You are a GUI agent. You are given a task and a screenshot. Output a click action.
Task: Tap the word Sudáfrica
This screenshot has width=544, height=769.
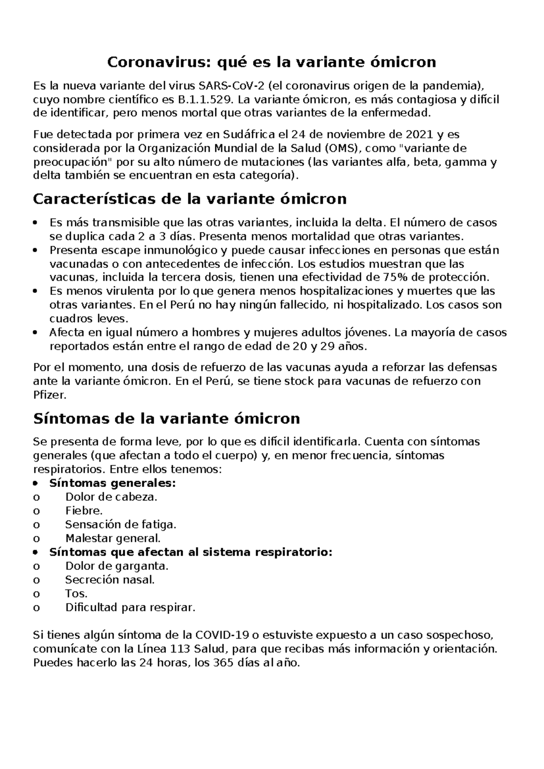point(248,135)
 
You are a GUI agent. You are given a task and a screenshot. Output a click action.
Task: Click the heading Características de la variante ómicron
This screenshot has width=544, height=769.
point(190,199)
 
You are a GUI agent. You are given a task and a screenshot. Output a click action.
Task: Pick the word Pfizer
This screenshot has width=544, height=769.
point(49,395)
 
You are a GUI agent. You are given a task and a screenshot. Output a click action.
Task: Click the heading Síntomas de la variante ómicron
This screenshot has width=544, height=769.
point(167,418)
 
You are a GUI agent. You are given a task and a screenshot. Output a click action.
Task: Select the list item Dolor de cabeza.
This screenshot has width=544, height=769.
point(111,497)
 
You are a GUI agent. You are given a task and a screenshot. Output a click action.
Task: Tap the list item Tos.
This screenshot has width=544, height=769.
point(76,594)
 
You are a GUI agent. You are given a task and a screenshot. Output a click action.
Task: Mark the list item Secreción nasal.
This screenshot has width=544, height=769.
point(110,580)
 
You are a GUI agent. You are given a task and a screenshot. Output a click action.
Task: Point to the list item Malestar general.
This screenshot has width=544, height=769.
point(113,539)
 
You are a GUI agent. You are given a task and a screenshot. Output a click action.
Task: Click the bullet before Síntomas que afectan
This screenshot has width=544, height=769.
point(37,553)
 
